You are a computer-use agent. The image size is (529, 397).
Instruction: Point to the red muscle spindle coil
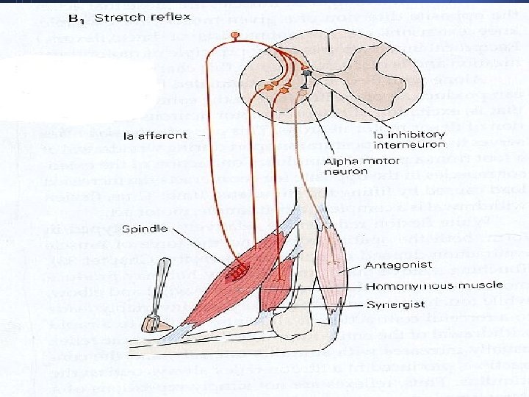tap(237, 273)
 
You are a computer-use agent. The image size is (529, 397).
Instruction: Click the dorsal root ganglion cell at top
tap(235, 35)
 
